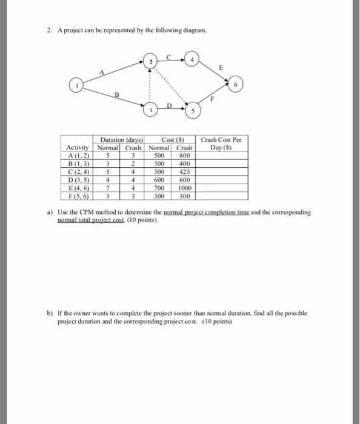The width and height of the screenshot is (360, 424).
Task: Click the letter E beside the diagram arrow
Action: pyautogui.click(x=222, y=68)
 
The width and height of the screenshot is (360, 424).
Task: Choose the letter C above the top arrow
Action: pyautogui.click(x=172, y=56)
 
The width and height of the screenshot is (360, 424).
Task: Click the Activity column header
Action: pyautogui.click(x=78, y=148)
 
